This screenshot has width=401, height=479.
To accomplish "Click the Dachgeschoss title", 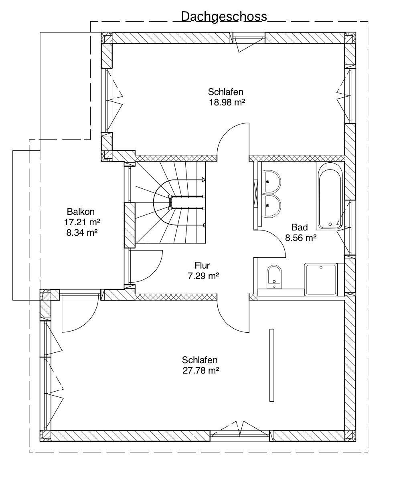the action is tap(224, 16).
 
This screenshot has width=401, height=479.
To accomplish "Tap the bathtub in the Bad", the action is tap(330, 196).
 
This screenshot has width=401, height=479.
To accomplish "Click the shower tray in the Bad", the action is tap(321, 279).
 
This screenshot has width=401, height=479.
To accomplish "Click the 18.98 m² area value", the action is tap(227, 102).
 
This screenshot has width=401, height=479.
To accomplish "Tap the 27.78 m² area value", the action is tap(201, 370).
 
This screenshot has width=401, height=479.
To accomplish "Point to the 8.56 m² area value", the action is tap(301, 238).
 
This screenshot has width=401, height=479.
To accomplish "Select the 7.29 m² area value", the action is tap(203, 276).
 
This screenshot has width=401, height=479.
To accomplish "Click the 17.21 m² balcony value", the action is tap(82, 222).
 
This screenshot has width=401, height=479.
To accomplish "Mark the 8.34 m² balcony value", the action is tap(82, 232).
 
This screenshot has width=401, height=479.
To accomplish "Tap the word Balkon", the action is tap(81, 211).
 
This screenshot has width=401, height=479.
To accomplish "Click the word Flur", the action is tap(203, 265).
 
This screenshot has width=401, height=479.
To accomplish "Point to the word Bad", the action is tap(300, 227).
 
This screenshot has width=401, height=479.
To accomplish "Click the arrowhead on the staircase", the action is tap(204, 180).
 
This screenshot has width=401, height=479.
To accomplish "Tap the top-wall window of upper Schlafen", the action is tap(249, 38).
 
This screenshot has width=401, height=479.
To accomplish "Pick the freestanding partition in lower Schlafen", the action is tap(271, 365).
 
